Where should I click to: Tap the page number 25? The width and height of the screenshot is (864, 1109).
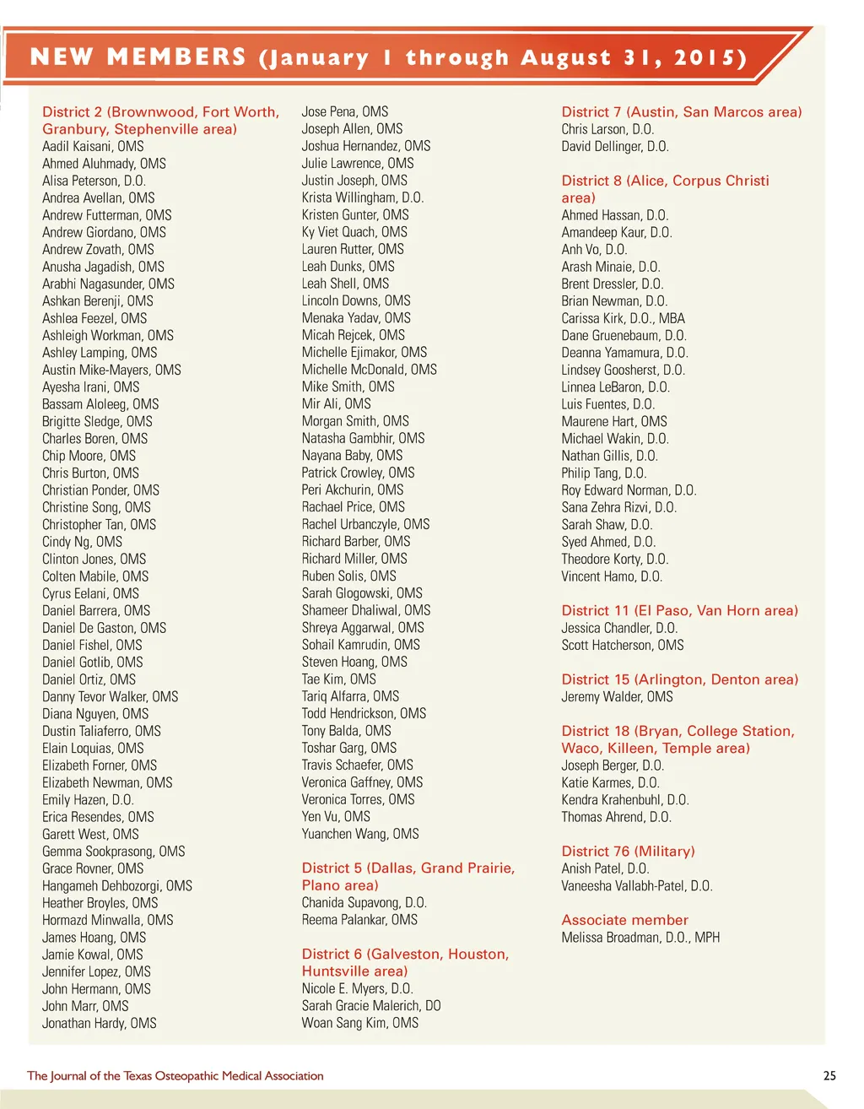coord(829,1075)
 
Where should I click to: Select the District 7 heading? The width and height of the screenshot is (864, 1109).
coord(681,112)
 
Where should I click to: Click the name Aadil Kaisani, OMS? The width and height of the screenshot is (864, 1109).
coord(93,146)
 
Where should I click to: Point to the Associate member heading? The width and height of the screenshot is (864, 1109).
coord(624,920)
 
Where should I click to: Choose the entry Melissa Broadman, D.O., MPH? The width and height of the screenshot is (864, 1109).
coord(640,937)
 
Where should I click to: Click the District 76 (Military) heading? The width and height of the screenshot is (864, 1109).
coord(628,851)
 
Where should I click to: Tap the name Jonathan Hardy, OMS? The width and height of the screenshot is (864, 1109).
coord(100,1023)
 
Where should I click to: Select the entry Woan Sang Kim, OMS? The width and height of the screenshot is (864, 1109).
coord(359,1023)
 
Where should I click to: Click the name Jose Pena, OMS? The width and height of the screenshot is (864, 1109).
coord(345,111)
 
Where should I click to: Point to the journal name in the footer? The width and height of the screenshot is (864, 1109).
coord(175,1075)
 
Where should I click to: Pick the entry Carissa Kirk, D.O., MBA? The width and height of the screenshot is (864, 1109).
coord(623,318)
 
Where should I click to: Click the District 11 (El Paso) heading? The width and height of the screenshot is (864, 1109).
coord(679,610)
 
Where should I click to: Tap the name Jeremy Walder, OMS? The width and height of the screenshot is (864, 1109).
coord(617,696)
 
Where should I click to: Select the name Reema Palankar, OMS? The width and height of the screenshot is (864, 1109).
coord(359,919)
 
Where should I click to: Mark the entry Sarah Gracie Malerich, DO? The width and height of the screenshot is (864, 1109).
coord(371,1005)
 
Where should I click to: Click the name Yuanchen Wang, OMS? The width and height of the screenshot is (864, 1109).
coord(360,833)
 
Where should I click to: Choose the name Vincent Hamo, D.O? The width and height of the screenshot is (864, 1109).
coord(612,576)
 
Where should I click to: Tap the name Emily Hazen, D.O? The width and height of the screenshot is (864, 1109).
coord(88,799)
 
